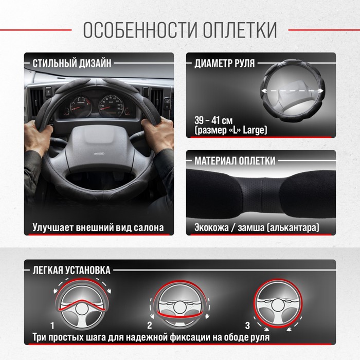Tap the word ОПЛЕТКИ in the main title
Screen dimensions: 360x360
click(x=240, y=30)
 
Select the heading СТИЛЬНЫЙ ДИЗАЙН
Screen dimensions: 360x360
click(x=72, y=63)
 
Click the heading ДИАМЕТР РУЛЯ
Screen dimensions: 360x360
click(x=225, y=63)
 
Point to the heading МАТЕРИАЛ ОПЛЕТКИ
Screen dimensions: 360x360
click(x=235, y=160)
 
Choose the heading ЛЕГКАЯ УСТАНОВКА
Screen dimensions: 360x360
click(x=71, y=270)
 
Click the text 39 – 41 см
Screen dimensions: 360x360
click(x=213, y=120)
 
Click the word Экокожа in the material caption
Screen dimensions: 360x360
click(x=211, y=227)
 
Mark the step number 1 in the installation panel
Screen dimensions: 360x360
click(x=52, y=326)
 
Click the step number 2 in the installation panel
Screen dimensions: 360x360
click(x=150, y=326)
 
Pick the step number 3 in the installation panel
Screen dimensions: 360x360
click(x=247, y=326)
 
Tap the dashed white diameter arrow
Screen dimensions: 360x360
click(x=293, y=91)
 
